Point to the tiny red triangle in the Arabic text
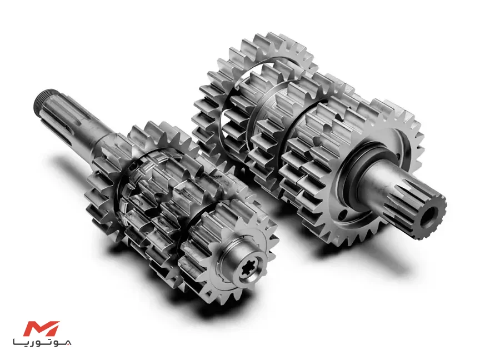click(69, 343)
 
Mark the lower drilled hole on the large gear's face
click(343, 214)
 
